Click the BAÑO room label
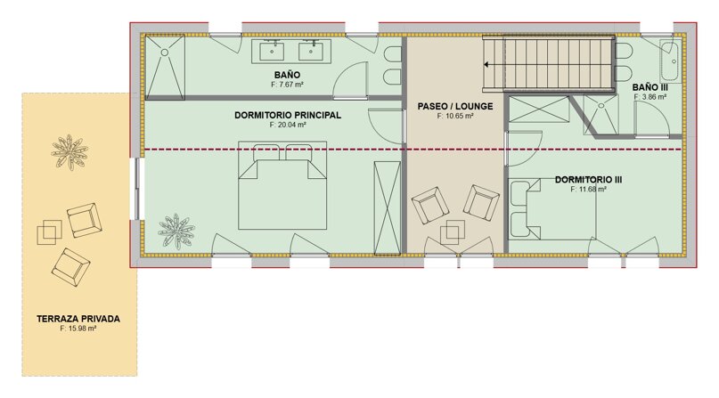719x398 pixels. pyautogui.click(x=288, y=75)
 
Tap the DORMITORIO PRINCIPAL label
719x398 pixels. pyautogui.click(x=288, y=116)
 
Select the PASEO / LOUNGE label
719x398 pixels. pyautogui.click(x=455, y=106)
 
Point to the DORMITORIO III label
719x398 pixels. pyautogui.click(x=588, y=180)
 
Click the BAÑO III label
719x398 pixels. pyautogui.click(x=650, y=87)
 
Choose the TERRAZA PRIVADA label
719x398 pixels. pyautogui.click(x=78, y=319)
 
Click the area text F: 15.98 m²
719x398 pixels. pyautogui.click(x=78, y=329)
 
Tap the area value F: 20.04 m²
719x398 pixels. pyautogui.click(x=288, y=125)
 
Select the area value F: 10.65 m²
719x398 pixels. pyautogui.click(x=455, y=116)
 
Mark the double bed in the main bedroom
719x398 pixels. pyautogui.click(x=282, y=185)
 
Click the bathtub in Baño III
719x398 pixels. pyautogui.click(x=670, y=61)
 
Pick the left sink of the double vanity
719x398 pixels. pyautogui.click(x=272, y=52)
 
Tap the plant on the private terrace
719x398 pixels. pyautogui.click(x=69, y=152)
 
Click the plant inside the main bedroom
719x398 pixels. pyautogui.click(x=176, y=231)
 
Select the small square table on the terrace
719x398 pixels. pyautogui.click(x=49, y=232)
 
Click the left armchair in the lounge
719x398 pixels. pyautogui.click(x=430, y=205)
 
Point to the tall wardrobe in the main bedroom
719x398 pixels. pyautogui.click(x=387, y=208)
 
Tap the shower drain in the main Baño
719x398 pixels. pyautogui.click(x=164, y=53)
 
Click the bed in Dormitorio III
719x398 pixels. pyautogui.click(x=552, y=209)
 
